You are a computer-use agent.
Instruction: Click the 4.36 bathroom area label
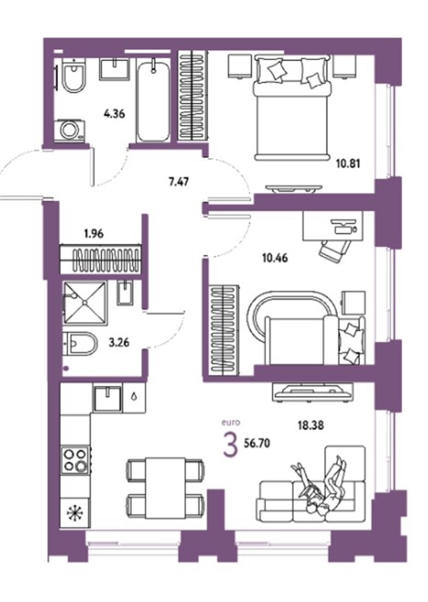click(x=114, y=114)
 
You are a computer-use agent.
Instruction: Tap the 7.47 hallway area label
click(x=179, y=181)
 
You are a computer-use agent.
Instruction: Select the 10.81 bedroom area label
click(x=348, y=164)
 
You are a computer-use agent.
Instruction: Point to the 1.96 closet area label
click(x=94, y=234)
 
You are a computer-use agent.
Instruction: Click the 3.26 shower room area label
click(x=119, y=342)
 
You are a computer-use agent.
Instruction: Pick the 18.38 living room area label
click(x=311, y=425)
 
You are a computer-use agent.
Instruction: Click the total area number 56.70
click(x=257, y=443)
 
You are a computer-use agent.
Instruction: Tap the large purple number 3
click(x=230, y=445)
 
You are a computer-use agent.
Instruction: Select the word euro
click(x=231, y=422)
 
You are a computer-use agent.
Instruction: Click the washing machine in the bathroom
click(x=69, y=131)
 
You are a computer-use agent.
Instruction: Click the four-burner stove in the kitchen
click(x=75, y=460)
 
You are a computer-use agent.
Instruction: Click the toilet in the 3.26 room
click(x=80, y=344)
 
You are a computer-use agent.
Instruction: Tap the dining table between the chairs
click(x=165, y=488)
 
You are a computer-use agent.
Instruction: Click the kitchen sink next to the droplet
click(x=107, y=400)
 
